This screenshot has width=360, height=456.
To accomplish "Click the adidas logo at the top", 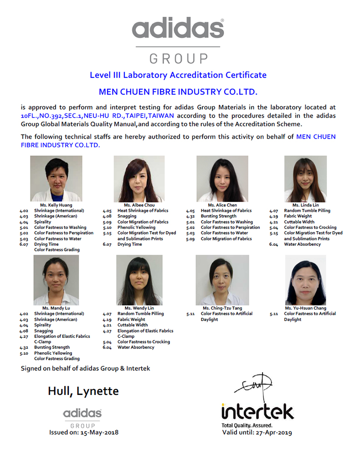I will [x=178, y=29].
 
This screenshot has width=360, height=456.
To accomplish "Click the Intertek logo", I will [x=257, y=411].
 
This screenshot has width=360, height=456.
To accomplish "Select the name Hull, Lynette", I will [x=83, y=391].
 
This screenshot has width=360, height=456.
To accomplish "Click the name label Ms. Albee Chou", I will [x=139, y=205].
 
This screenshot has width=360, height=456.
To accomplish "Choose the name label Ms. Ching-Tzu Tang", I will [x=222, y=308].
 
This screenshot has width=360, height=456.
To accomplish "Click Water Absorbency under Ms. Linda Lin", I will [x=302, y=244].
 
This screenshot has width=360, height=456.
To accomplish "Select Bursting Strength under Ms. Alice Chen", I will [x=219, y=216].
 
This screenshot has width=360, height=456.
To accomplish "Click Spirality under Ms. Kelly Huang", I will [x=43, y=222].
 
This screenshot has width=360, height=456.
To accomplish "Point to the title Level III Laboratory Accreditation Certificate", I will [x=178, y=75].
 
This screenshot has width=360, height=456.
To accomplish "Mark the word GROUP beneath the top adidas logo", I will [x=178, y=58].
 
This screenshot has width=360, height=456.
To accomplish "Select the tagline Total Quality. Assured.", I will [x=247, y=425].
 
